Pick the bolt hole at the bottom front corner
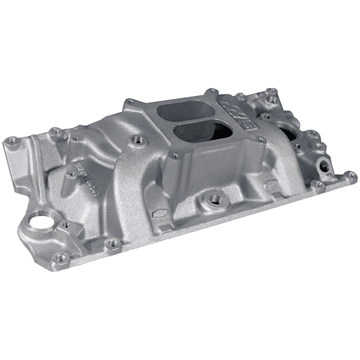click(x=59, y=258)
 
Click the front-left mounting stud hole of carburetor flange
click(x=175, y=155)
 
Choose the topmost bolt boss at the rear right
click(x=271, y=92)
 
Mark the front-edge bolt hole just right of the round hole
click(x=112, y=243)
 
